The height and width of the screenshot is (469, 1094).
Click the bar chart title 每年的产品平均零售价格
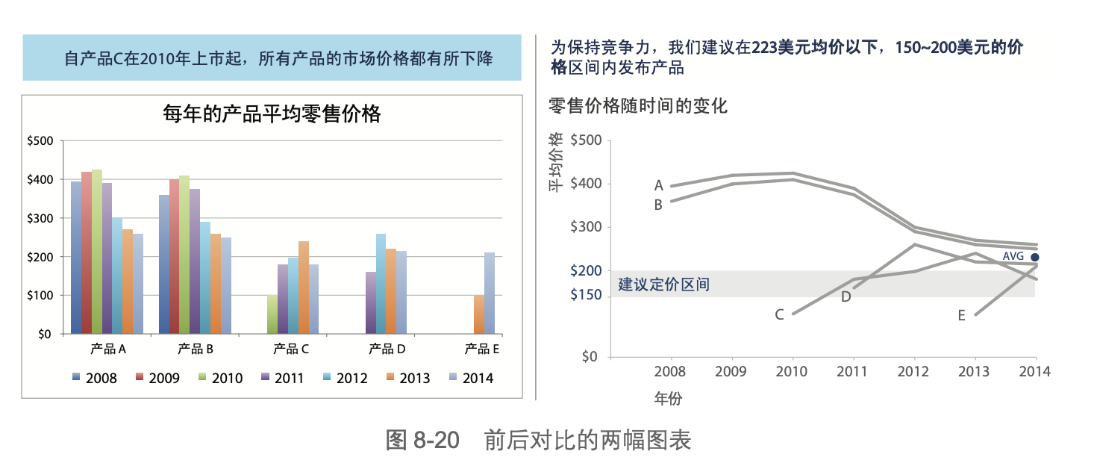[272, 114]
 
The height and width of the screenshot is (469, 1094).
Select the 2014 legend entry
[478, 378]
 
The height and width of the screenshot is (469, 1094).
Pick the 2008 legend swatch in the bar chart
[77, 378]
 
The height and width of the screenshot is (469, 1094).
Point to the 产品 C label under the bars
[291, 349]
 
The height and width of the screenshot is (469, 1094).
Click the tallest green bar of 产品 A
[97, 251]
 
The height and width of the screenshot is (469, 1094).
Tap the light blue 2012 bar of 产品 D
[381, 284]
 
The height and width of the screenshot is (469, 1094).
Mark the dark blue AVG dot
[1035, 257]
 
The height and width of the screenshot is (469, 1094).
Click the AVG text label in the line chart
[1013, 256]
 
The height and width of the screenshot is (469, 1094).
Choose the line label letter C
[779, 315]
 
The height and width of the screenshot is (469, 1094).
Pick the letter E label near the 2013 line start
[961, 316]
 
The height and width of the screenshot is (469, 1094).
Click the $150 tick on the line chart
[586, 296]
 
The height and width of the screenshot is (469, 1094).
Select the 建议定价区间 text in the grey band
[663, 285]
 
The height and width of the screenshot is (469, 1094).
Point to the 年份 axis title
[668, 399]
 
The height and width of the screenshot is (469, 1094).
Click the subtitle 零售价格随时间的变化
[637, 106]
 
